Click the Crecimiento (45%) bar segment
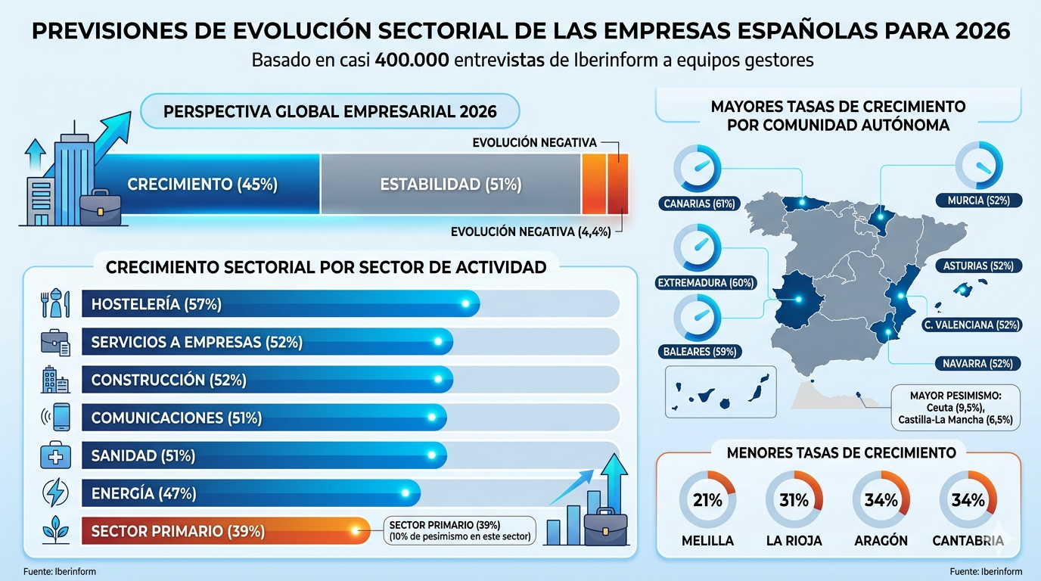point(203,185)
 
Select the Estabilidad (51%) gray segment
point(451,185)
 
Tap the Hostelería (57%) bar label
point(156,304)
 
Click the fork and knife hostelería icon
point(55,304)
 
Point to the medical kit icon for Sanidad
point(55,455)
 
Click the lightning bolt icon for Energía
point(55,493)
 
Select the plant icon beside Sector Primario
point(55,531)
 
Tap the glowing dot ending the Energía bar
point(406,493)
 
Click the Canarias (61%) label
point(698,204)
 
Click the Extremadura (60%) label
point(706,283)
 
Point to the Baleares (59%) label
point(699,352)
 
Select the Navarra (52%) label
point(977,363)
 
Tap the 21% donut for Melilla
point(707,500)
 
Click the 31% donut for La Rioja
point(794,500)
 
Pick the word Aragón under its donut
point(881,541)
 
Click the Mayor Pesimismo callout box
point(955,407)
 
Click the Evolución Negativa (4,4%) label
point(530,231)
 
